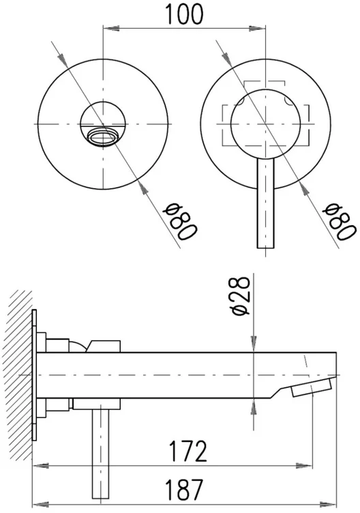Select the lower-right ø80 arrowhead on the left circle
pos(140,182)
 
